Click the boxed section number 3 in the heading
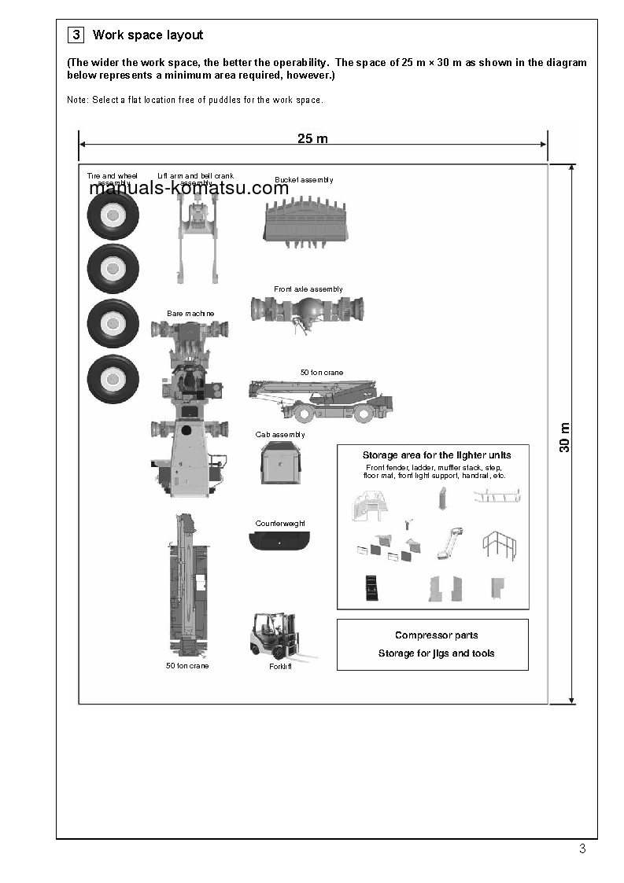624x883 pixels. coord(76,35)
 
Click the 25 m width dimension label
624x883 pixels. coord(312,139)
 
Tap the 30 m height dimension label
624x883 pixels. coord(565,437)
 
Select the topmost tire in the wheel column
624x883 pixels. coord(113,215)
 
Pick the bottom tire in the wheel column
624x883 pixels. coord(113,380)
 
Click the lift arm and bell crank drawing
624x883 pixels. coord(195,236)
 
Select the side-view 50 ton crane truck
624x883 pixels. coord(320,399)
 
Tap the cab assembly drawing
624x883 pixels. coord(281,462)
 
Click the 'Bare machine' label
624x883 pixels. coord(190,314)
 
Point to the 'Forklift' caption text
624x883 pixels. coord(280,667)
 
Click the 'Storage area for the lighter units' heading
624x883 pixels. coord(436,455)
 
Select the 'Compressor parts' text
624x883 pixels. coord(436,635)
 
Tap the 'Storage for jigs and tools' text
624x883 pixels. coord(436,653)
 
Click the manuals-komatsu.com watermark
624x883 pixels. coord(189,189)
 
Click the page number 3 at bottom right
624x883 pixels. coord(582,848)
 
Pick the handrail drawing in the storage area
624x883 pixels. coord(499,544)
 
